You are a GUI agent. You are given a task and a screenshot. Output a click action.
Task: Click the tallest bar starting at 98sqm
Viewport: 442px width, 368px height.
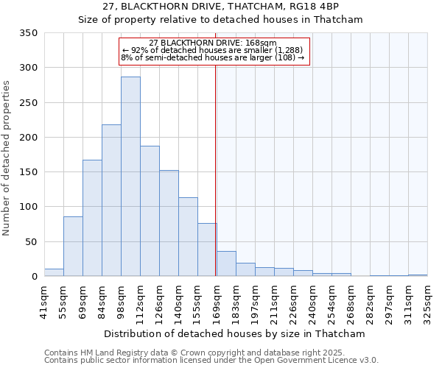(130, 177)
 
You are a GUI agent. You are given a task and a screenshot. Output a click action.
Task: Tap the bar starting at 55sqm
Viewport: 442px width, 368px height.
(73, 247)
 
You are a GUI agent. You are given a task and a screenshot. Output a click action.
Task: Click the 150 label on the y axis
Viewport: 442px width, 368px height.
(29, 172)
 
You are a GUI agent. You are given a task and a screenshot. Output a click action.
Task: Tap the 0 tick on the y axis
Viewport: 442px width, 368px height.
(34, 277)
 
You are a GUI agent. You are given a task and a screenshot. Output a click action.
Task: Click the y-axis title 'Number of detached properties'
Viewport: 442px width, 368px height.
(7, 158)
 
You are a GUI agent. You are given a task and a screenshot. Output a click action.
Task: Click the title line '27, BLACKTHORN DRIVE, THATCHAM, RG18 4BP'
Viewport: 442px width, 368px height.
(221, 7)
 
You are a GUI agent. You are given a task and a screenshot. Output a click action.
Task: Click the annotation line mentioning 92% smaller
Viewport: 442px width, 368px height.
(212, 50)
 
